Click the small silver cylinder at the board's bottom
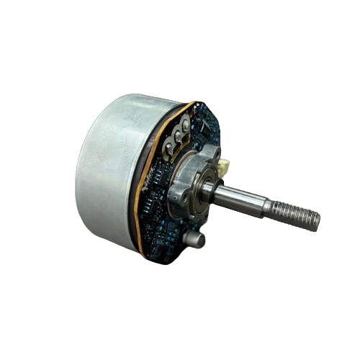click(193, 238)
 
